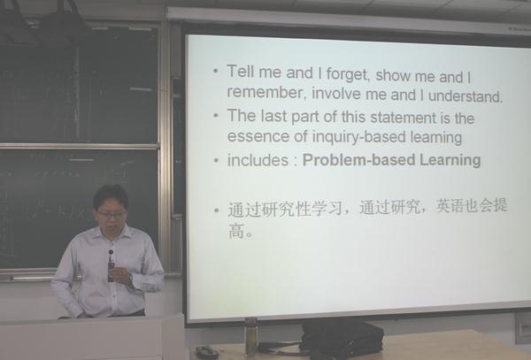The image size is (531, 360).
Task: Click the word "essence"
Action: pyautogui.click(x=258, y=136)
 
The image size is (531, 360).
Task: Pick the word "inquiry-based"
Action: pyautogui.click(x=358, y=137)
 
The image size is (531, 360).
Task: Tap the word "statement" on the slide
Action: pyautogui.click(x=403, y=118)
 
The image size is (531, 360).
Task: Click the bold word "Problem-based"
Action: pyautogui.click(x=358, y=160)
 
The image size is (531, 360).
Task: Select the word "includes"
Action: pyautogui.click(x=258, y=160)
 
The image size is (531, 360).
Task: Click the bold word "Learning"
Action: pyautogui.click(x=450, y=160)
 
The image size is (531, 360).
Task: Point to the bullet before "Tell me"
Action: pyautogui.click(x=216, y=71)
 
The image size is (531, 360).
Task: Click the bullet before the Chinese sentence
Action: pyautogui.click(x=217, y=211)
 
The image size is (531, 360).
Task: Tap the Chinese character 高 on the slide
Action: pyautogui.click(x=236, y=231)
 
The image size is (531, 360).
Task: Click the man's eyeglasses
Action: pyautogui.click(x=112, y=214)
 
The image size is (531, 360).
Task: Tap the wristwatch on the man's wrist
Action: pyautogui.click(x=130, y=279)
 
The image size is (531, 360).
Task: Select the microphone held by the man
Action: pyautogui.click(x=111, y=266)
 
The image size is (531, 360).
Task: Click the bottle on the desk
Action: pyautogui.click(x=250, y=337)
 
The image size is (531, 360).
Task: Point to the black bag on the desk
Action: pyautogui.click(x=342, y=340)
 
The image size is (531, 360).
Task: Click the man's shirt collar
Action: pyautogui.click(x=112, y=234)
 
